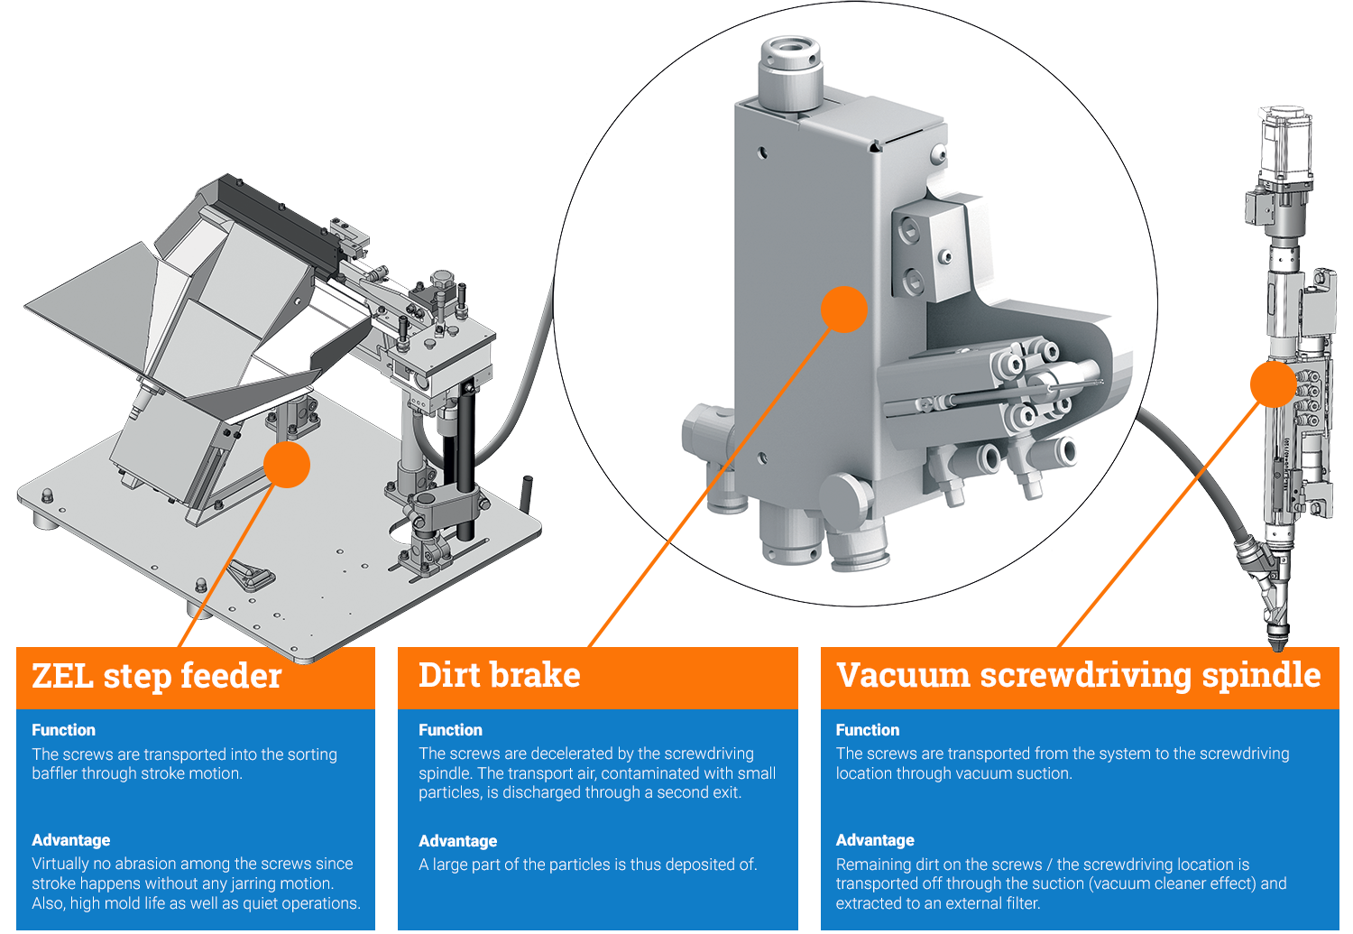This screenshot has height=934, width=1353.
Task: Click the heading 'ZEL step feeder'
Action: click(x=157, y=676)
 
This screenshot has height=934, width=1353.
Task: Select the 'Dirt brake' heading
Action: click(x=499, y=675)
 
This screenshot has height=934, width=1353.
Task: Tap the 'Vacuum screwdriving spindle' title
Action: click(x=1078, y=675)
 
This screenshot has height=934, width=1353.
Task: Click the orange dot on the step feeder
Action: click(x=287, y=464)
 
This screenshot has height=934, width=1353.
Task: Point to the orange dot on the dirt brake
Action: click(x=843, y=310)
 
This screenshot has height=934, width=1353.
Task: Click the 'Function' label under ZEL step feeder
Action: click(x=63, y=730)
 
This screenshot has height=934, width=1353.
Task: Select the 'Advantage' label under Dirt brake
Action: click(x=457, y=841)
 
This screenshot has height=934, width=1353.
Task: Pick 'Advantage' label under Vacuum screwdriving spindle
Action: click(x=874, y=840)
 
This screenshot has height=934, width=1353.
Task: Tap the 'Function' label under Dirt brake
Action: click(x=450, y=730)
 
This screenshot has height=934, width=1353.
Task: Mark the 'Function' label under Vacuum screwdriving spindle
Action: click(x=867, y=730)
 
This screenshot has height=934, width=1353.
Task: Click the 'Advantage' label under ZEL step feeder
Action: click(x=70, y=840)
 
